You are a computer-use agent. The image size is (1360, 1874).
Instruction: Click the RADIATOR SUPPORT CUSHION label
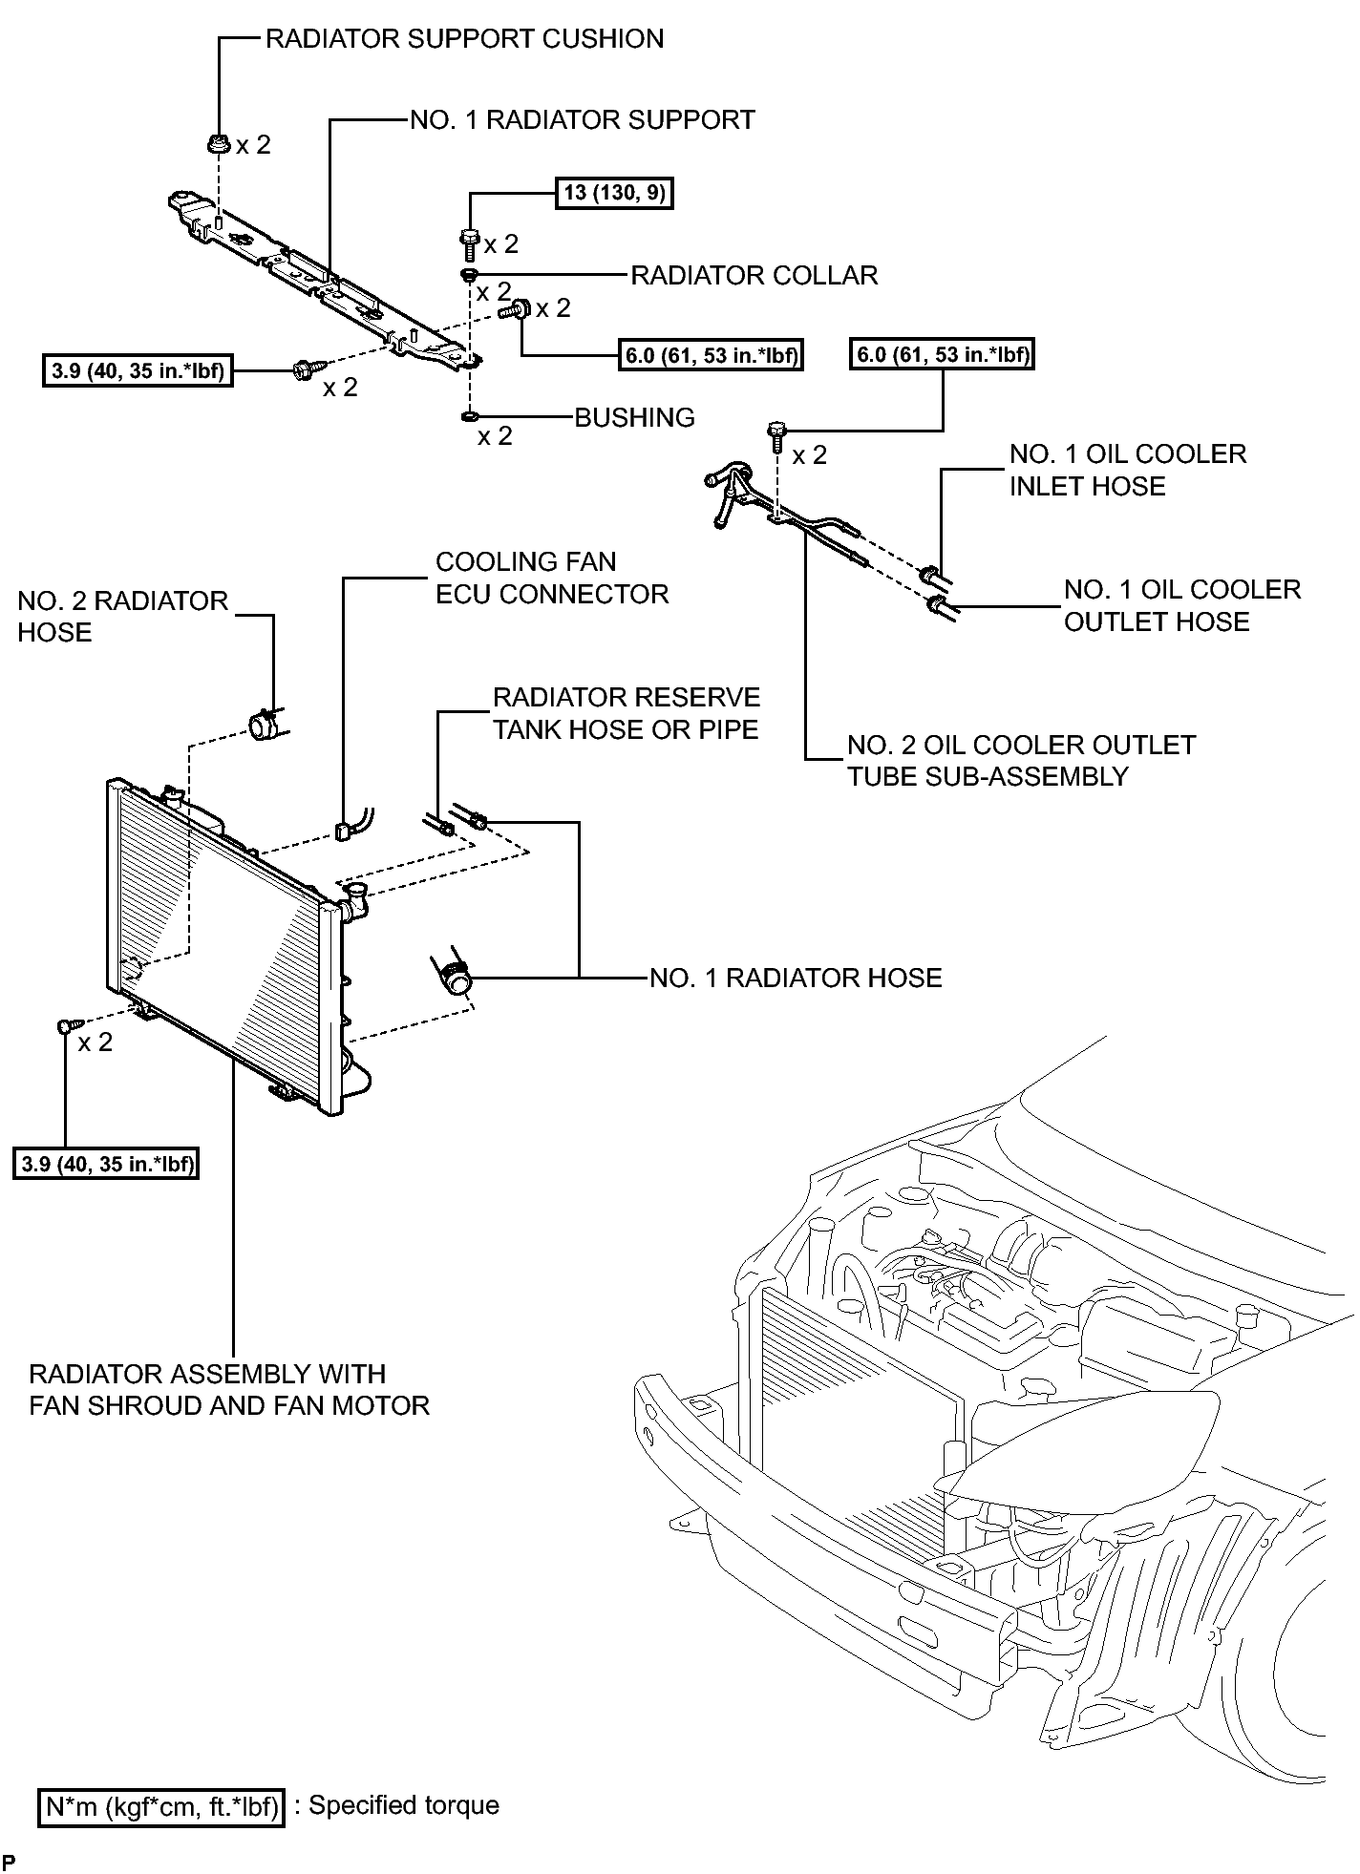click(x=464, y=39)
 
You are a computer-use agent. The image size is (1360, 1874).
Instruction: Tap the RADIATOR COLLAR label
click(x=754, y=275)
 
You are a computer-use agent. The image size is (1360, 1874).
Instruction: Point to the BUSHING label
click(x=635, y=417)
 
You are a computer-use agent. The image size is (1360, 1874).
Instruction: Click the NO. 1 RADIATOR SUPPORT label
click(x=583, y=119)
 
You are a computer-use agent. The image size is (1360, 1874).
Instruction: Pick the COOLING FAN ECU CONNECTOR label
click(x=552, y=578)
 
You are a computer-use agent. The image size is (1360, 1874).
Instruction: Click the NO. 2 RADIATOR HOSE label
click(x=123, y=617)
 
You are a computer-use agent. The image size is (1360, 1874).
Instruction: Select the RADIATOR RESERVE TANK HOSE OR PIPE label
click(x=627, y=713)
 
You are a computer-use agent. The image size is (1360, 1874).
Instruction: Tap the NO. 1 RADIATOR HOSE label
click(x=797, y=978)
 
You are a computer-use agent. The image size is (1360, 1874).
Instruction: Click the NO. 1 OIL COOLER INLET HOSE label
click(x=1128, y=470)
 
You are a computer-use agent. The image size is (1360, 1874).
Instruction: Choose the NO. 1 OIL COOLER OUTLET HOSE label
click(x=1182, y=605)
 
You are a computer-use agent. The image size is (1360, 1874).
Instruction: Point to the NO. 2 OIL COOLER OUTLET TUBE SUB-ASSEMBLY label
click(x=1022, y=761)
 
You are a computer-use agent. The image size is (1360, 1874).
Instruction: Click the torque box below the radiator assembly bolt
click(x=106, y=1165)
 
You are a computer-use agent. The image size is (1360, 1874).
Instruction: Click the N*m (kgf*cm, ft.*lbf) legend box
click(x=161, y=1806)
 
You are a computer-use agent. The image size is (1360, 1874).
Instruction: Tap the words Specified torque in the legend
click(x=404, y=1805)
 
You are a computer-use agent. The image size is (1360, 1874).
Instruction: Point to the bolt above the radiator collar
click(x=469, y=242)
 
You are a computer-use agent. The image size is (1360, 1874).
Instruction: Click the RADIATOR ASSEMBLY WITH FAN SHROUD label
click(x=229, y=1389)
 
